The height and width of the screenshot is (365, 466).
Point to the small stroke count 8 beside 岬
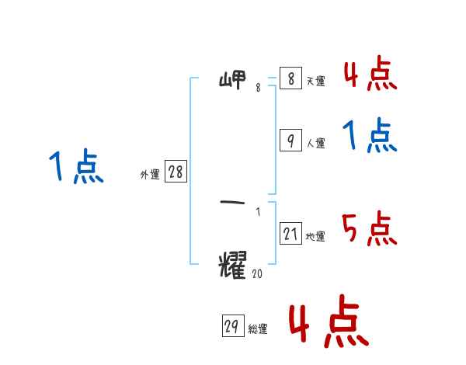(258, 89)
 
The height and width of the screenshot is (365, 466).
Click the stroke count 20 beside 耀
(258, 273)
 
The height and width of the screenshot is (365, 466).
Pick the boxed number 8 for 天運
(290, 78)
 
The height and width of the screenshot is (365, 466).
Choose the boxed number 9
(290, 140)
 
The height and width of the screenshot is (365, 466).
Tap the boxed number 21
(290, 233)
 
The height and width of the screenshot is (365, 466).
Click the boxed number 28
(176, 172)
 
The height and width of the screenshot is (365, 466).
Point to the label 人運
(315, 144)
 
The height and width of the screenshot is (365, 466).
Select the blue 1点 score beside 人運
(370, 137)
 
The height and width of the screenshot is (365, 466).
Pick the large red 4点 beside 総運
(328, 325)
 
